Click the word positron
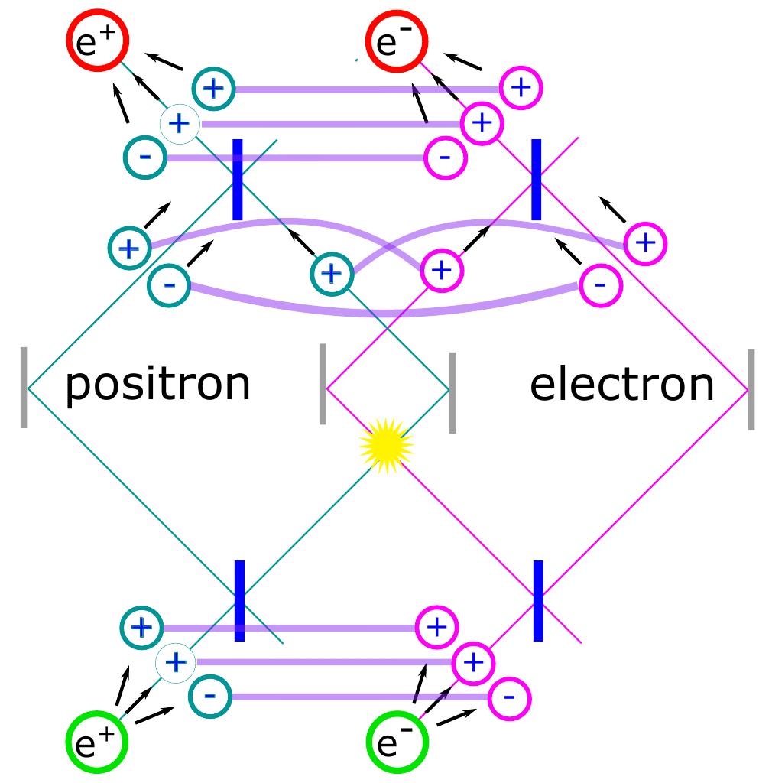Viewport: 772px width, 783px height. (x=157, y=384)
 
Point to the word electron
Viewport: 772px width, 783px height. (x=621, y=384)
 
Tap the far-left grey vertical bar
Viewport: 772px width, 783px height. (x=24, y=387)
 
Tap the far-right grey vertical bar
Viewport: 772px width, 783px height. (x=751, y=389)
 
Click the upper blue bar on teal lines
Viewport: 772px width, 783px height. (x=237, y=180)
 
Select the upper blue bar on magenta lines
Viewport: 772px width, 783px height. (x=536, y=180)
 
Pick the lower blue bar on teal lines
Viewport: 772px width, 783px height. (x=239, y=600)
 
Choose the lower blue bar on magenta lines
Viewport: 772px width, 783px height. (x=538, y=600)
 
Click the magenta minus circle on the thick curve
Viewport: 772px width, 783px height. (x=601, y=285)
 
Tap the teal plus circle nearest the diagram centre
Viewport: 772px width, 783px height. (x=332, y=273)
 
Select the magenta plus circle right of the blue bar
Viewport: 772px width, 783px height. (x=645, y=243)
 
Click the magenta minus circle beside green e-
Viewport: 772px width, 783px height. (x=510, y=697)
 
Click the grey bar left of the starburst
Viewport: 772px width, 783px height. (x=323, y=383)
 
